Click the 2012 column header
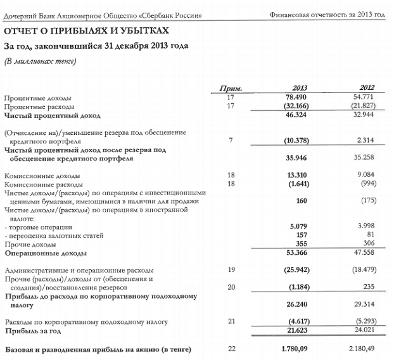(367, 88)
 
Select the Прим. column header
(231, 88)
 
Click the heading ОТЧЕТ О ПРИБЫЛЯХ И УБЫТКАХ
(86, 30)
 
